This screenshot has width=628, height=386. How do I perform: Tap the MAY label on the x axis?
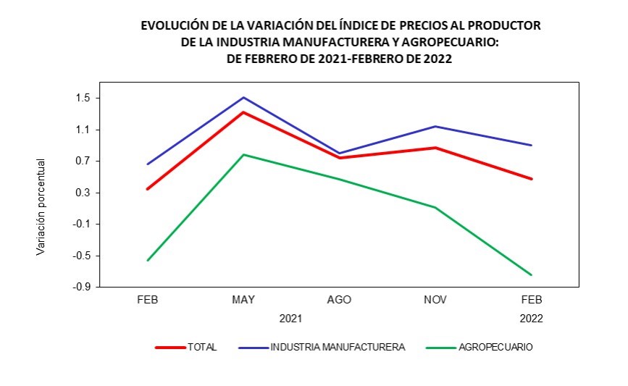[x=243, y=300]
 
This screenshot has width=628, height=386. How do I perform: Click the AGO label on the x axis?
[x=339, y=300]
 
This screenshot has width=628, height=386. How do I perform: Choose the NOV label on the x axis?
[x=435, y=300]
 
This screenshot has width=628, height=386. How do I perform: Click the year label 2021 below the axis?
[x=290, y=318]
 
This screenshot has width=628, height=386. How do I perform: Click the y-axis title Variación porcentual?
[x=41, y=206]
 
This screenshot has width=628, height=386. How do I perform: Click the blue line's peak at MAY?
[x=243, y=97]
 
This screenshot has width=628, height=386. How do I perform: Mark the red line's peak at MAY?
[x=243, y=112]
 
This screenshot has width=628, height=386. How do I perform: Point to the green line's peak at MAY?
[x=243, y=154]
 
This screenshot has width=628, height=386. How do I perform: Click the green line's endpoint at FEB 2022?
[x=531, y=274]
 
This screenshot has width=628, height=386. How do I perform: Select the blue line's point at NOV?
[x=435, y=127]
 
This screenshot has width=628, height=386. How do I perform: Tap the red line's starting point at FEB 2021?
[x=148, y=188]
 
